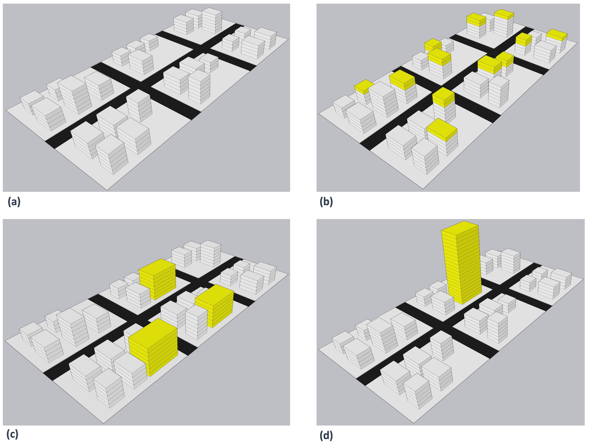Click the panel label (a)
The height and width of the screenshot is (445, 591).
click(14, 201)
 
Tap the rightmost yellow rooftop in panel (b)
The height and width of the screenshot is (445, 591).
click(556, 35)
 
